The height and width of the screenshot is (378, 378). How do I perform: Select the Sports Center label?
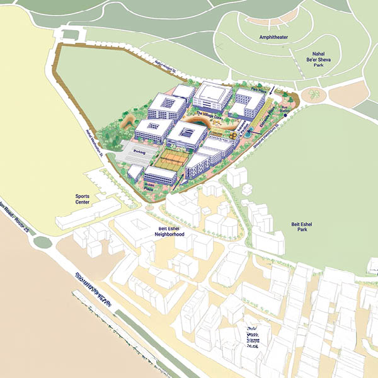click(82, 200)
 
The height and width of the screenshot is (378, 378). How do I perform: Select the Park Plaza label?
click(256, 91)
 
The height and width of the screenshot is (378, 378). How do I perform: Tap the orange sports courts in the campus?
click(172, 158)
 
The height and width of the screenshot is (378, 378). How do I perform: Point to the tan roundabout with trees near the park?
click(313, 95)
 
